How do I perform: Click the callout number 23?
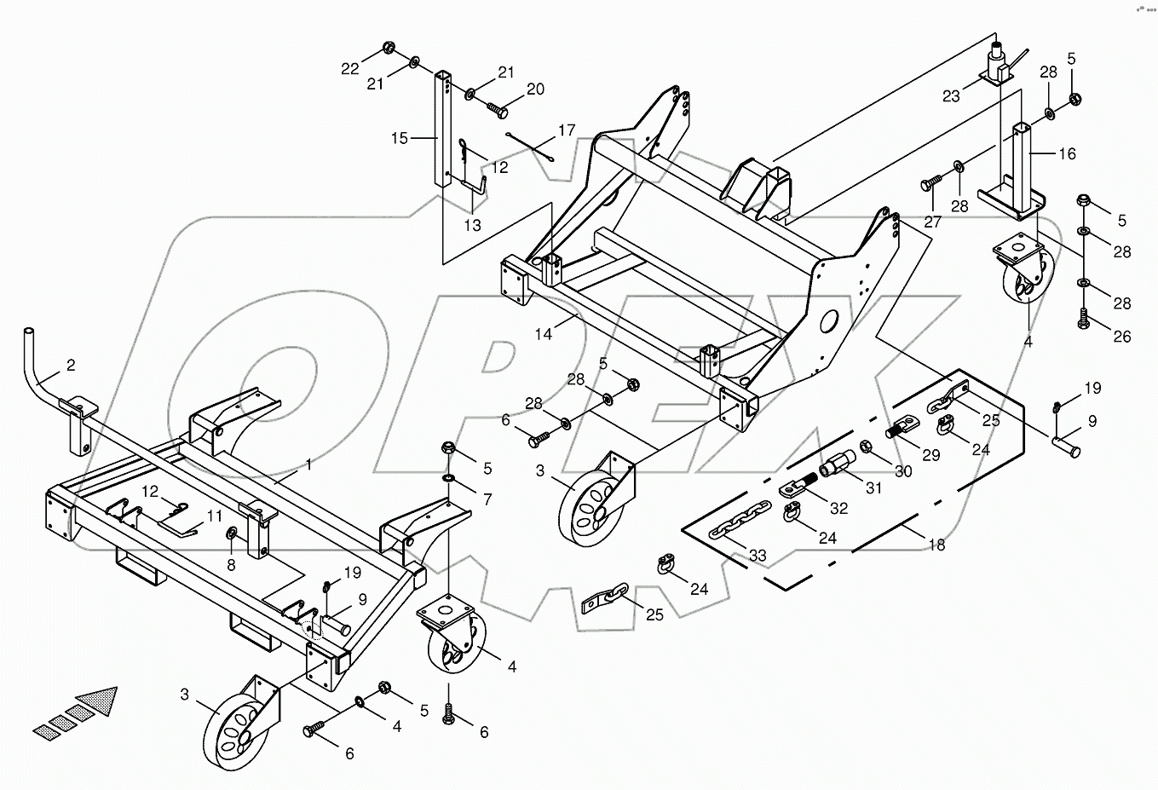click(x=951, y=95)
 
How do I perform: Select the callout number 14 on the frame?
click(x=544, y=334)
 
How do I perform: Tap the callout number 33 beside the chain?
click(x=757, y=556)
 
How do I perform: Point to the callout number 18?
click(x=936, y=545)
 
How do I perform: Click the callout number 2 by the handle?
click(x=71, y=366)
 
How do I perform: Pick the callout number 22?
click(x=351, y=69)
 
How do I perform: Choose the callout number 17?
click(x=567, y=131)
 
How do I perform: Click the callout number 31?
click(x=873, y=488)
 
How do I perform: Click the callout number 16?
click(x=1067, y=153)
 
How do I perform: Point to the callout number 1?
click(x=308, y=465)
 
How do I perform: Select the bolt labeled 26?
click(x=1084, y=320)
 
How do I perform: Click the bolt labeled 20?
click(x=497, y=110)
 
